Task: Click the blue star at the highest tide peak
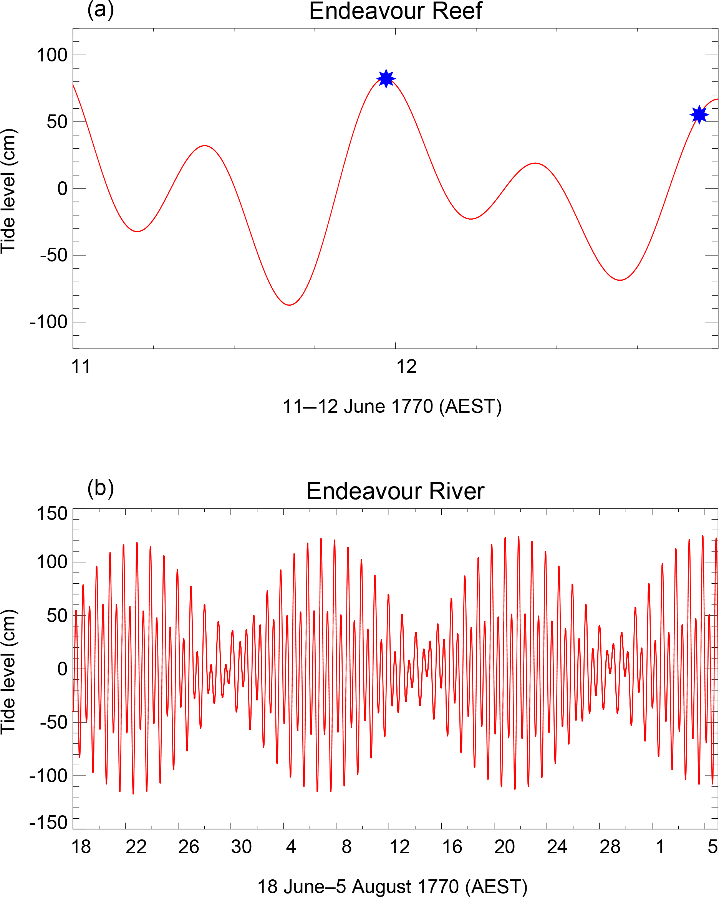(x=386, y=78)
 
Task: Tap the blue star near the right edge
(x=699, y=114)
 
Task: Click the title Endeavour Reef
(x=395, y=11)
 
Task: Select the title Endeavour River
(x=395, y=491)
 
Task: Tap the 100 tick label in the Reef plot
(x=52, y=55)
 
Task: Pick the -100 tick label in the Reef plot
(x=48, y=322)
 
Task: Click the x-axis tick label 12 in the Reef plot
(x=406, y=367)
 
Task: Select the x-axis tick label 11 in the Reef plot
(x=81, y=367)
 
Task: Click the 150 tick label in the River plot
(x=52, y=514)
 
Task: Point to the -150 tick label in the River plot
(x=48, y=823)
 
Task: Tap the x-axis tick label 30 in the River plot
(x=241, y=847)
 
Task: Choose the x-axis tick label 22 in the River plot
(x=136, y=847)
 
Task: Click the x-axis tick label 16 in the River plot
(x=452, y=847)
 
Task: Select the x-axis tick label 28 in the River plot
(x=610, y=847)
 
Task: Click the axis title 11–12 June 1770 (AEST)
(x=392, y=407)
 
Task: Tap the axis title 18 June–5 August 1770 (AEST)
(x=392, y=887)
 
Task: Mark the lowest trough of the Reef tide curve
(x=290, y=305)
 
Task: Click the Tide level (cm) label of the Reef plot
(x=8, y=190)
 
